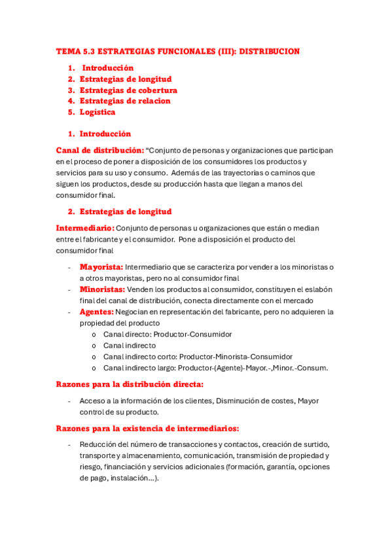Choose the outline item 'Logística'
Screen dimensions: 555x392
tap(98, 113)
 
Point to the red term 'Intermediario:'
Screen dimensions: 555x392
tap(85, 228)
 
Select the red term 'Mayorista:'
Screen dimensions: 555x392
tap(101, 267)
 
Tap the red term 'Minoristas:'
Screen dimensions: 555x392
tap(103, 289)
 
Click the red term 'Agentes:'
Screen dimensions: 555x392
tap(97, 312)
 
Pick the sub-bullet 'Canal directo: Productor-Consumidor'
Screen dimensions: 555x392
tap(168, 334)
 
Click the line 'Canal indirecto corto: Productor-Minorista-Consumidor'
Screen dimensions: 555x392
tap(198, 357)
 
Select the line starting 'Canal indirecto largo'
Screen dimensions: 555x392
tap(215, 368)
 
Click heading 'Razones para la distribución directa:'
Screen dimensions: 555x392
tap(130, 384)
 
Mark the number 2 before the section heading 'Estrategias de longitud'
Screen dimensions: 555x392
tap(71, 211)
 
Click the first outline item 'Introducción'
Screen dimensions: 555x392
tap(107, 68)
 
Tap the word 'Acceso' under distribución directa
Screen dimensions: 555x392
tap(93, 401)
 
